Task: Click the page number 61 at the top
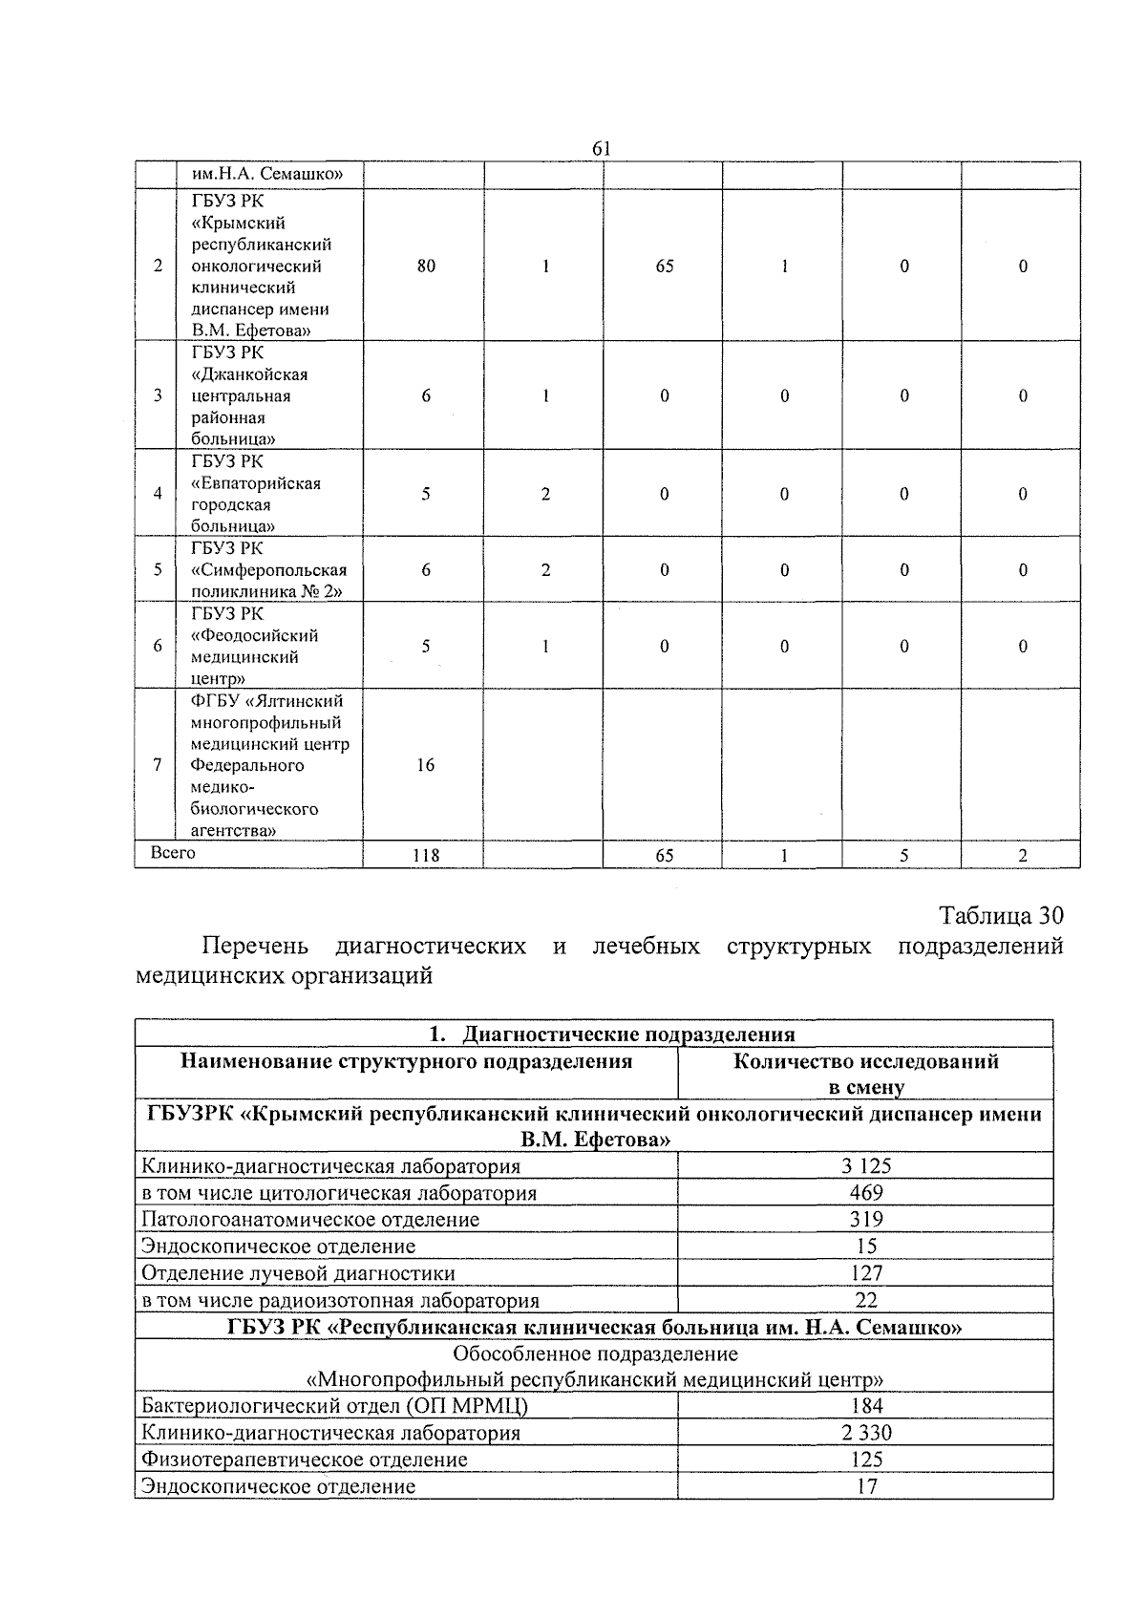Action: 601,148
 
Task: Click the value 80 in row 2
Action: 426,266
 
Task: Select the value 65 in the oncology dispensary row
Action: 664,266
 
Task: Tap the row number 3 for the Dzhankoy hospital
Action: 158,395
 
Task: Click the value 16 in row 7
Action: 426,765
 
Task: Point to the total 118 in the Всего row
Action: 426,856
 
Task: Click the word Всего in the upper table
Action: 173,853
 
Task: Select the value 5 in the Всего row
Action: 902,856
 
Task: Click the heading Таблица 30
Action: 1001,915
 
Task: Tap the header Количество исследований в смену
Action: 865,1074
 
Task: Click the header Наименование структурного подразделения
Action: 407,1061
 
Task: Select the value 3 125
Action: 866,1166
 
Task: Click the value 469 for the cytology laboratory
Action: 866,1193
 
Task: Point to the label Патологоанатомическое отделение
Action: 310,1220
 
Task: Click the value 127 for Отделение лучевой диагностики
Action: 866,1273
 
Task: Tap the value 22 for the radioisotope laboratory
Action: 866,1300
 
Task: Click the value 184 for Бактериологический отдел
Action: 866,1406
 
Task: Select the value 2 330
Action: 866,1433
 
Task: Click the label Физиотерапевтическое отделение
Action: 305,1460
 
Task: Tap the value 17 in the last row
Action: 866,1486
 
